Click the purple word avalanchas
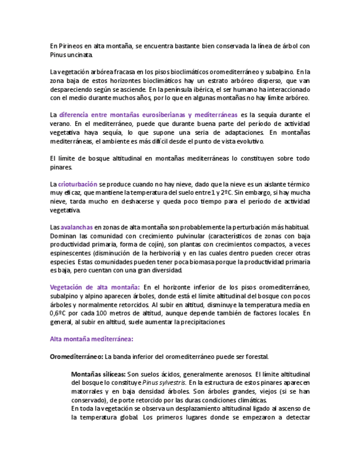pos(76,227)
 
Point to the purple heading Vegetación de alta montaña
pos(95,287)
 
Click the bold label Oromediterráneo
pos(76,356)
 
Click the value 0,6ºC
pos(59,313)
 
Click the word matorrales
pos(90,391)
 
